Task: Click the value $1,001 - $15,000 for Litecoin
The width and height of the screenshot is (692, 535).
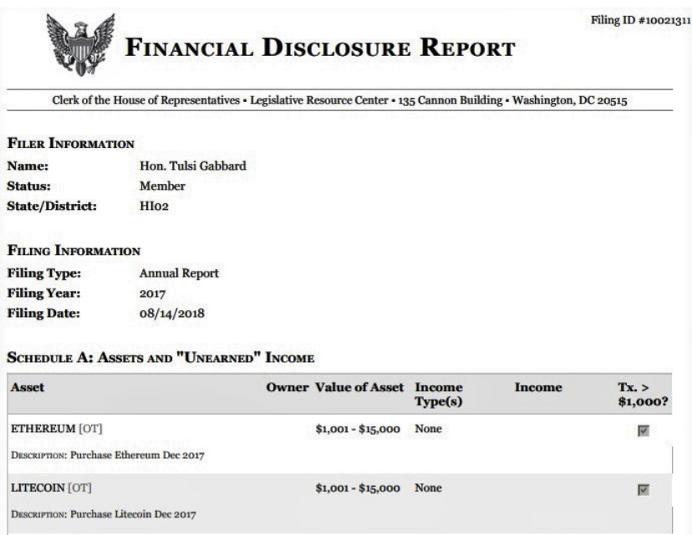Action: tap(362, 487)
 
